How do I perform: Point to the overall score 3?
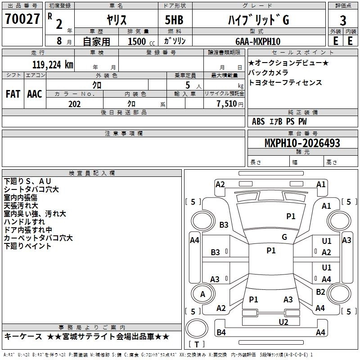[343, 21]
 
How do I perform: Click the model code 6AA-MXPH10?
[257, 41]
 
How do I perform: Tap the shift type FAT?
[13, 94]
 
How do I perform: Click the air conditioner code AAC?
[35, 94]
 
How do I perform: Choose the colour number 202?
[74, 104]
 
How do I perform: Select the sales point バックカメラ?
[268, 72]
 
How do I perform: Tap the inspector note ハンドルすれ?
[24, 222]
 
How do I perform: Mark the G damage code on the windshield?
[284, 237]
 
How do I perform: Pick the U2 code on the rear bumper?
[283, 321]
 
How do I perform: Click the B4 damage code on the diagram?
[221, 333]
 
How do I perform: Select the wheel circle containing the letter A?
[202, 294]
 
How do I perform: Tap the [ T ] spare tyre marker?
[197, 345]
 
